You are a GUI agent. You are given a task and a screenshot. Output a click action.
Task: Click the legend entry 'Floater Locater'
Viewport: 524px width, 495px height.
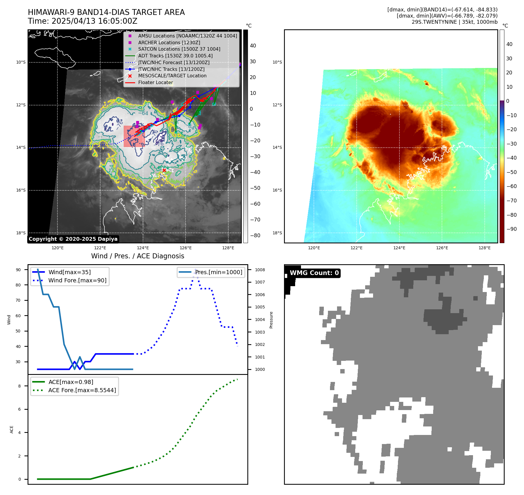tap(155, 83)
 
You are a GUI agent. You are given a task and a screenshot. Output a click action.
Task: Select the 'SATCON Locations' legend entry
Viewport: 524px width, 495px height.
tap(179, 49)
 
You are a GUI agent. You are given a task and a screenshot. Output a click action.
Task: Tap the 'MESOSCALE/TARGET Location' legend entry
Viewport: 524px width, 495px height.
tap(172, 76)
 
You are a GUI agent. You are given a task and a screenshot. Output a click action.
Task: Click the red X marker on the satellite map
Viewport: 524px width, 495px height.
tap(164, 170)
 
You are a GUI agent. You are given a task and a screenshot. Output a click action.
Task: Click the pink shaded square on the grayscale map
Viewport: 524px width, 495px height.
tap(134, 136)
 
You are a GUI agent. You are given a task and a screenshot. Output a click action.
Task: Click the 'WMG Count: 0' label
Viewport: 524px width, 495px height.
tap(314, 273)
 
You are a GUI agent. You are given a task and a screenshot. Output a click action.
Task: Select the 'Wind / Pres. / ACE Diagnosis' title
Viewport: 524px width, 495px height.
tap(138, 256)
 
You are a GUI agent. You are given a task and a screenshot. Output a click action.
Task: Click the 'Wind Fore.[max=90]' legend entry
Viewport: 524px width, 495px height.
tap(77, 281)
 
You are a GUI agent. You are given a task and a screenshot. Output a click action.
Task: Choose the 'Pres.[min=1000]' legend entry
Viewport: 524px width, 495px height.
tap(219, 272)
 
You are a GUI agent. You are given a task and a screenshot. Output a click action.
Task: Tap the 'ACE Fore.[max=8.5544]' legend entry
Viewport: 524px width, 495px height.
tap(82, 390)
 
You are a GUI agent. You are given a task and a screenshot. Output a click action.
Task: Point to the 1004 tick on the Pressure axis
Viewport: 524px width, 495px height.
tap(260, 320)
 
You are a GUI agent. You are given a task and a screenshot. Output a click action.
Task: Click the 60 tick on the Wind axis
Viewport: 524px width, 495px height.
tap(18, 316)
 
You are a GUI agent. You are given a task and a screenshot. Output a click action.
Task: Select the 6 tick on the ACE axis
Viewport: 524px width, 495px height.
tap(20, 409)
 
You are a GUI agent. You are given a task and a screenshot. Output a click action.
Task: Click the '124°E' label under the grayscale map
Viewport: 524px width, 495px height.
tap(143, 248)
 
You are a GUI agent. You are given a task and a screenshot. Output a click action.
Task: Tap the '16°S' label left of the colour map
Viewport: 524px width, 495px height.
tap(277, 190)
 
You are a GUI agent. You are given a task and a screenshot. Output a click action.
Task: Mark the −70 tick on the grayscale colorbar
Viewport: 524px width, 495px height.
tap(257, 220)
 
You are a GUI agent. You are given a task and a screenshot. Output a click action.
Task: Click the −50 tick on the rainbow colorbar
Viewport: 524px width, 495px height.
tap(512, 172)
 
